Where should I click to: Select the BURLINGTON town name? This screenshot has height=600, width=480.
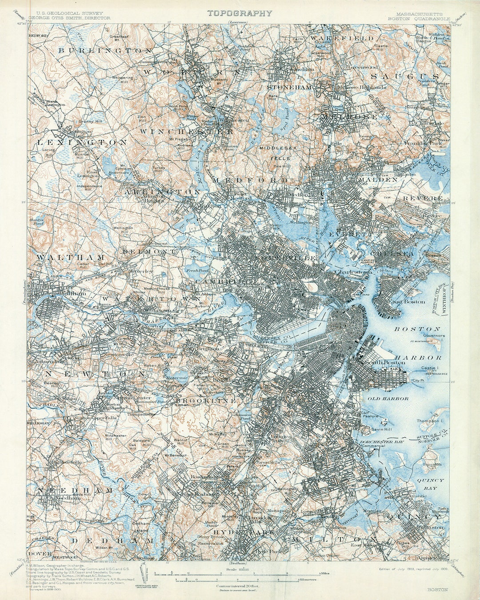click(105, 51)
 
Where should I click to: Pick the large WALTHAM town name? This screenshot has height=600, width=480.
click(71, 257)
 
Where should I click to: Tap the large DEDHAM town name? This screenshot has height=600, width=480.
click(112, 540)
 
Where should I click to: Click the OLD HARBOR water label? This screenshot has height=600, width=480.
click(388, 399)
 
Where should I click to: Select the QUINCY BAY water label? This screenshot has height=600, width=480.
click(430, 484)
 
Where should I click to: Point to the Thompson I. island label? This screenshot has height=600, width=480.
click(430, 420)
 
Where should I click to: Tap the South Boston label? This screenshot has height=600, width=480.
click(379, 363)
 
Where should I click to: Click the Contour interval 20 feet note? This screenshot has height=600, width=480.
click(236, 586)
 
